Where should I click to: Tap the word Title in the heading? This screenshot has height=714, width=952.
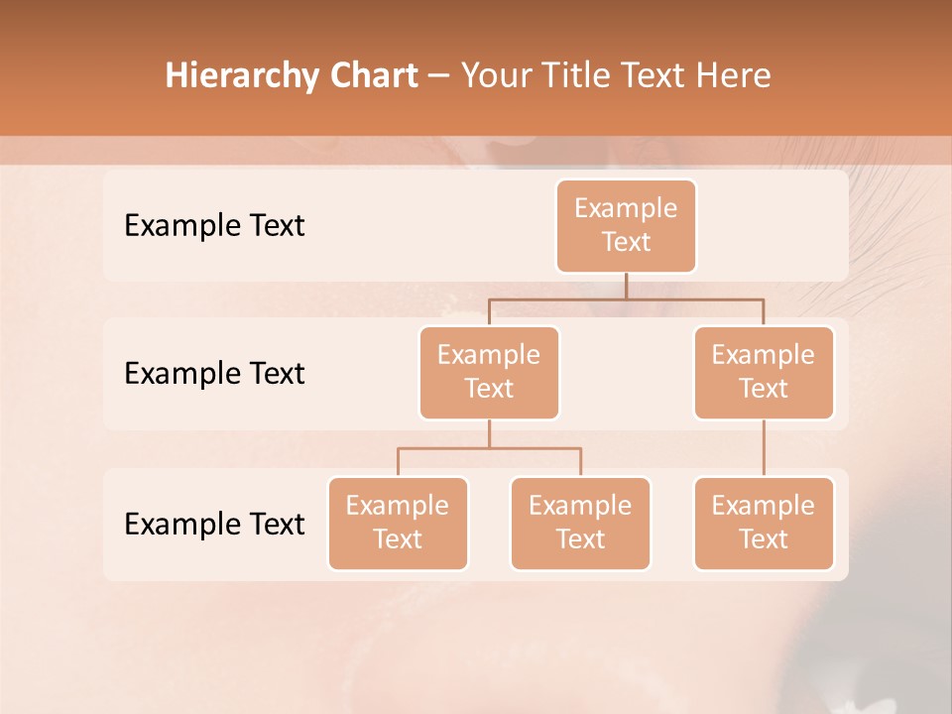[x=570, y=76]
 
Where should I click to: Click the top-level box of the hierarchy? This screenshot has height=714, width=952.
[x=626, y=225]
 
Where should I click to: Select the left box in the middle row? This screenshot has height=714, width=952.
[x=489, y=372]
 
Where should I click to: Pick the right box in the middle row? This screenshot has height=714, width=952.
[x=764, y=372]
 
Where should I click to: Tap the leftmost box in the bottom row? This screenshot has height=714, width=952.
[x=398, y=523]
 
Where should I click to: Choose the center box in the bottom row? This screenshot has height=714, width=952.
[x=580, y=523]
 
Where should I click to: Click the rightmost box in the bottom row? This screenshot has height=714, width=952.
[x=764, y=523]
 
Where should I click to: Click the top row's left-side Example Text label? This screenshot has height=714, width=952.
[x=214, y=226]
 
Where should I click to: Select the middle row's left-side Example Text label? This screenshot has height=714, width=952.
[x=214, y=374]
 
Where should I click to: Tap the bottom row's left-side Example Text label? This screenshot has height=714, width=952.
[x=214, y=524]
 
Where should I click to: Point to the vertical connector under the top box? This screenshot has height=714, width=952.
[x=626, y=286]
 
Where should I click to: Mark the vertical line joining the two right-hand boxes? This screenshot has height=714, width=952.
[x=764, y=448]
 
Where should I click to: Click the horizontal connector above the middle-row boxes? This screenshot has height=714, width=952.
[x=626, y=298]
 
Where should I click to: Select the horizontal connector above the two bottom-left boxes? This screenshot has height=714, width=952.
[x=489, y=448]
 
